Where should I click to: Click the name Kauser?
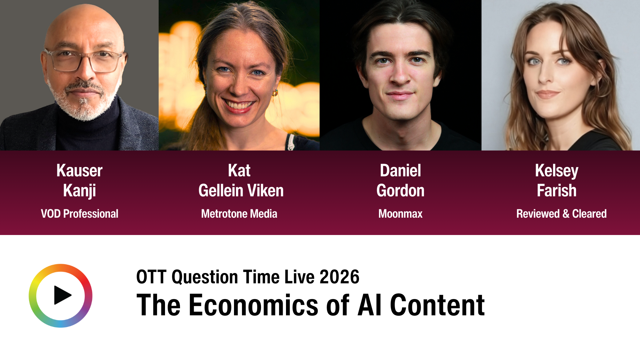[x=79, y=171]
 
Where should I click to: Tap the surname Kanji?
[x=79, y=191]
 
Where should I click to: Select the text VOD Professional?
[x=79, y=214]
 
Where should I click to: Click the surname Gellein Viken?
[x=241, y=191]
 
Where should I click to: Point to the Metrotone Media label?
[x=239, y=214]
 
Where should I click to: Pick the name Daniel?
[x=400, y=171]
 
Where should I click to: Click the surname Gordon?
[x=400, y=191]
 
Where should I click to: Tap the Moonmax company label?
[x=400, y=214]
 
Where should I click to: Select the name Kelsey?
[x=556, y=171]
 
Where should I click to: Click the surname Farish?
[x=556, y=191]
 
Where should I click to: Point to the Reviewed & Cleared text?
[x=561, y=214]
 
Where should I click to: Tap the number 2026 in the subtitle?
[x=339, y=277]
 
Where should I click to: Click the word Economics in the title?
[x=253, y=305]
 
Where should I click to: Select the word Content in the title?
[x=437, y=305]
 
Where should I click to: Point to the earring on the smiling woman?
[x=275, y=92]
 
